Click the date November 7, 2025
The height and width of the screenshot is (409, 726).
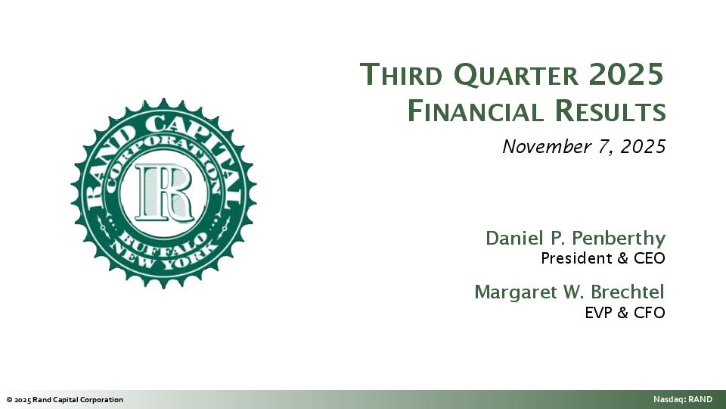click(584, 146)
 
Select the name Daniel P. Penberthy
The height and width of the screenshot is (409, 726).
click(575, 238)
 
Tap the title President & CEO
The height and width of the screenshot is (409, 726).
click(603, 258)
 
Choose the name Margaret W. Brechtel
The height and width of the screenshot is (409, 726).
click(569, 292)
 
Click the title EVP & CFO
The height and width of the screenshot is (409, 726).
click(625, 312)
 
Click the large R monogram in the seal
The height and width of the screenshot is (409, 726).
click(163, 192)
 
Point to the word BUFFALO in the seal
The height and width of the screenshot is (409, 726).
click(163, 241)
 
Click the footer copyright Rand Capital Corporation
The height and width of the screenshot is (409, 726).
click(64, 400)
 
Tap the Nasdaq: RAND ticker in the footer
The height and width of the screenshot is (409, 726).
click(683, 400)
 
